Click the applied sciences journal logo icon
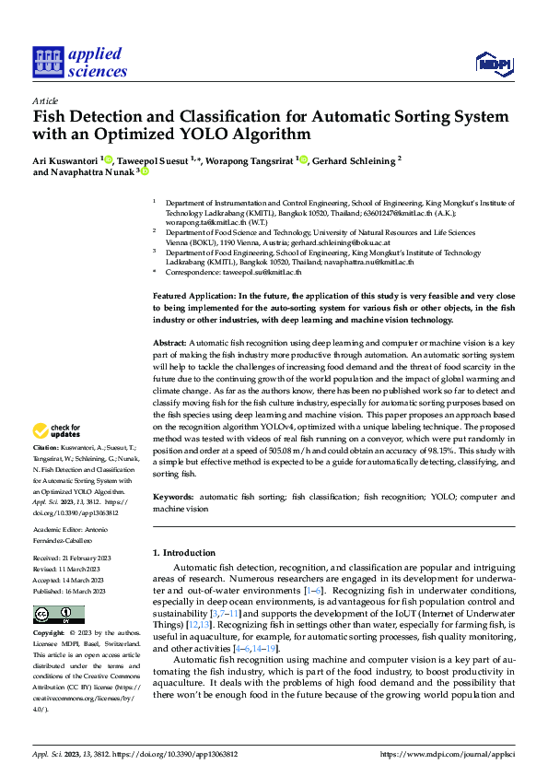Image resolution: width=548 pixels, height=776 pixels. pos(47,62)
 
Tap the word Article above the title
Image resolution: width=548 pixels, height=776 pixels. pos(45,100)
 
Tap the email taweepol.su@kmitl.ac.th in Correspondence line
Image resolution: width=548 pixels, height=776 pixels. pos(262,273)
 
